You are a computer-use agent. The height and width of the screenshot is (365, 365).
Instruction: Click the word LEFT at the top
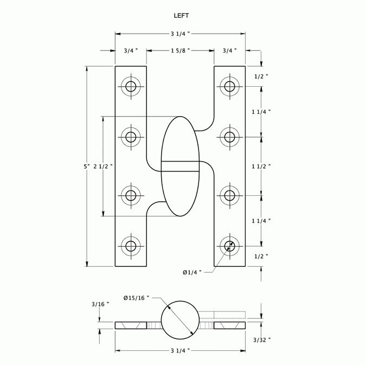click(181, 16)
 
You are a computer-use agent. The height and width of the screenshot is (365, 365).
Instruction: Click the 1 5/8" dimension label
click(181, 50)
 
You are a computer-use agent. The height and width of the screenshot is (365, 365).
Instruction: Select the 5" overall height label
click(86, 167)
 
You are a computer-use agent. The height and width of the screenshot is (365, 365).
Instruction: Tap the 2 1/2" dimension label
click(103, 167)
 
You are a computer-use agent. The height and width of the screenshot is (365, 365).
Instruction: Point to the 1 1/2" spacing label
click(261, 167)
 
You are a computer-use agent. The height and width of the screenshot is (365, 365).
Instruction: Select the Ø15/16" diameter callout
click(136, 298)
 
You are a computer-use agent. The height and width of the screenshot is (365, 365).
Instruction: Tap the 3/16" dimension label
click(100, 304)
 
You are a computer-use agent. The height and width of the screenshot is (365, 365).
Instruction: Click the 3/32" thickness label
click(261, 340)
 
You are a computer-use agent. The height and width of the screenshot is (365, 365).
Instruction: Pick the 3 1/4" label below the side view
click(180, 351)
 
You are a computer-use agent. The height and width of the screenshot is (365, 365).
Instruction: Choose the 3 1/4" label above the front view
click(180, 34)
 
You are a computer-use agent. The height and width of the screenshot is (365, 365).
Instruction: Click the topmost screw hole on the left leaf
click(131, 86)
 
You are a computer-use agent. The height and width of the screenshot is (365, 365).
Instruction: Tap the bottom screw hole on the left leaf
click(131, 246)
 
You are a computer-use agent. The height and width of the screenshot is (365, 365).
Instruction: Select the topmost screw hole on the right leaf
click(230, 86)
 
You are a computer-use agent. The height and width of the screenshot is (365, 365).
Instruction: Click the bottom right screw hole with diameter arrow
click(230, 246)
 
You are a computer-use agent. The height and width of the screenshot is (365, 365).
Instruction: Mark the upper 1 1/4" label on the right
click(261, 111)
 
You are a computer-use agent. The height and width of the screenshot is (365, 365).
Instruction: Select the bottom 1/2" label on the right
click(261, 255)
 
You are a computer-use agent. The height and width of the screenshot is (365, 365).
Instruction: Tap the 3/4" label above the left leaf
click(131, 50)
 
